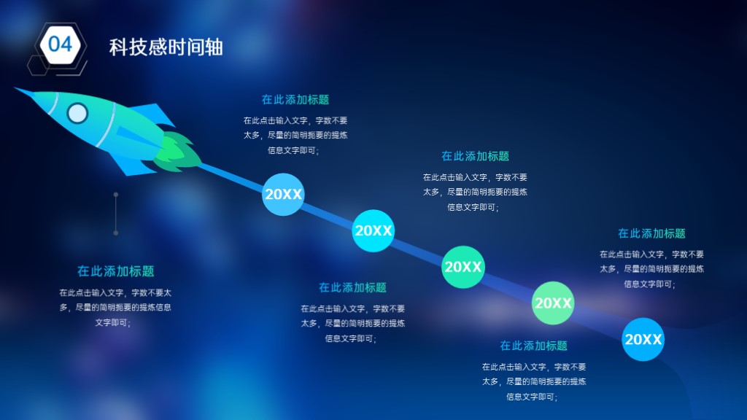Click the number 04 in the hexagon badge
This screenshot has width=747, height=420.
tap(61, 44)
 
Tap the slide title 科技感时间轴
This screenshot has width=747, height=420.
tap(166, 47)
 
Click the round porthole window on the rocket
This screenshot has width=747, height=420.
tap(77, 113)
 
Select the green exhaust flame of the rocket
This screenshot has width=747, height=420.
tap(177, 152)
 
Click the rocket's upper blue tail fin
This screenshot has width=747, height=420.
tap(152, 114)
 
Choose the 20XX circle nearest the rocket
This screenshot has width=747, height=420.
tap(283, 194)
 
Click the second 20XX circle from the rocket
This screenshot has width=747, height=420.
tap(373, 230)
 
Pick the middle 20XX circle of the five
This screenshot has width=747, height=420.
tap(463, 267)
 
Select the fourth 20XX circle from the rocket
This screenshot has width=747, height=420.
tap(553, 303)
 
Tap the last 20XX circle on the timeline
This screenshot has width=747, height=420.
tap(643, 339)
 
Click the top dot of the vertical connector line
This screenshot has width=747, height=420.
tap(116, 194)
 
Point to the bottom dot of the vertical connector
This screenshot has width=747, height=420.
tap(116, 233)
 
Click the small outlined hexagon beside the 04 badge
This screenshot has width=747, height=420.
tap(38, 65)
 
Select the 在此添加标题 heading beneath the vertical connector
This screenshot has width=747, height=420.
tap(116, 271)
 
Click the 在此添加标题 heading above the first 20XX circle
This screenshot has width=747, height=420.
tap(295, 99)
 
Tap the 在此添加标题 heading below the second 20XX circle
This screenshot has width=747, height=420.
tap(352, 287)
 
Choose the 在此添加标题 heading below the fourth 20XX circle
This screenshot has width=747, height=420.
tap(533, 346)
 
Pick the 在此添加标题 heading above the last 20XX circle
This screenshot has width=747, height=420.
tap(651, 233)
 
